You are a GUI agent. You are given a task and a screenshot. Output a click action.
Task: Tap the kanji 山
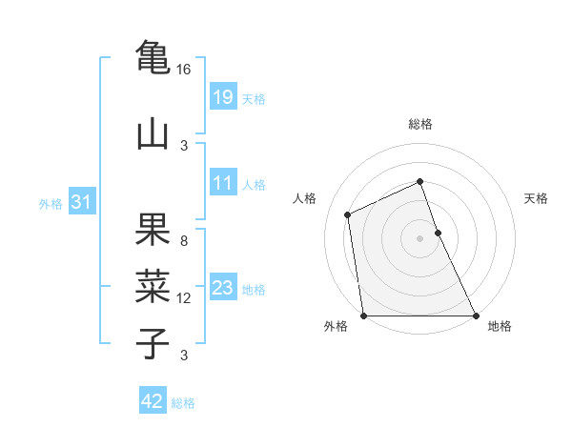[153, 133]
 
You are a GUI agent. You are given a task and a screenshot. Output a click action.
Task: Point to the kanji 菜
[153, 286]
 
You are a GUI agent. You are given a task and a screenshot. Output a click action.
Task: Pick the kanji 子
[153, 343]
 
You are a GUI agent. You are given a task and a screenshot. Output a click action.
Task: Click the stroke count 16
[184, 70]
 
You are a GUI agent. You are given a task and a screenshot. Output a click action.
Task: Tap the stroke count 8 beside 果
[184, 241]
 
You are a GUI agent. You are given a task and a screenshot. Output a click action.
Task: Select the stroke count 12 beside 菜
[184, 298]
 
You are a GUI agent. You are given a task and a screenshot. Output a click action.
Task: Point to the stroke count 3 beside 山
[184, 146]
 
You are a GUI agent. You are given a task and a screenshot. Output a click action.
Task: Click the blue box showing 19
[222, 97]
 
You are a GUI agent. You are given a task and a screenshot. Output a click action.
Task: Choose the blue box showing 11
[222, 183]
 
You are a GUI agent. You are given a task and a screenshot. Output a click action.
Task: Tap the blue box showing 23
[222, 288]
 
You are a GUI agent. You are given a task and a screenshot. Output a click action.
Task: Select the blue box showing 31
[82, 202]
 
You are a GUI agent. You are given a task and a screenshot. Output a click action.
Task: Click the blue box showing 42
[153, 401]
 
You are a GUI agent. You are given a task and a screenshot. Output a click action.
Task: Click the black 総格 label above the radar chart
[419, 124]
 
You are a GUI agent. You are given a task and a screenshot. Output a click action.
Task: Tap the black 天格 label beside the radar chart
[536, 198]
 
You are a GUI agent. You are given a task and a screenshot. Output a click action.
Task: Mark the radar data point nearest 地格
[475, 316]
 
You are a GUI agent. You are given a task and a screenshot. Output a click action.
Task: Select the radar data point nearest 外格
[364, 316]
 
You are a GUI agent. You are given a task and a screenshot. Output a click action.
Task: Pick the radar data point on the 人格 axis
[348, 214]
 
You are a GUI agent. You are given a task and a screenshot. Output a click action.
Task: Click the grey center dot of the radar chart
[419, 238]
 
